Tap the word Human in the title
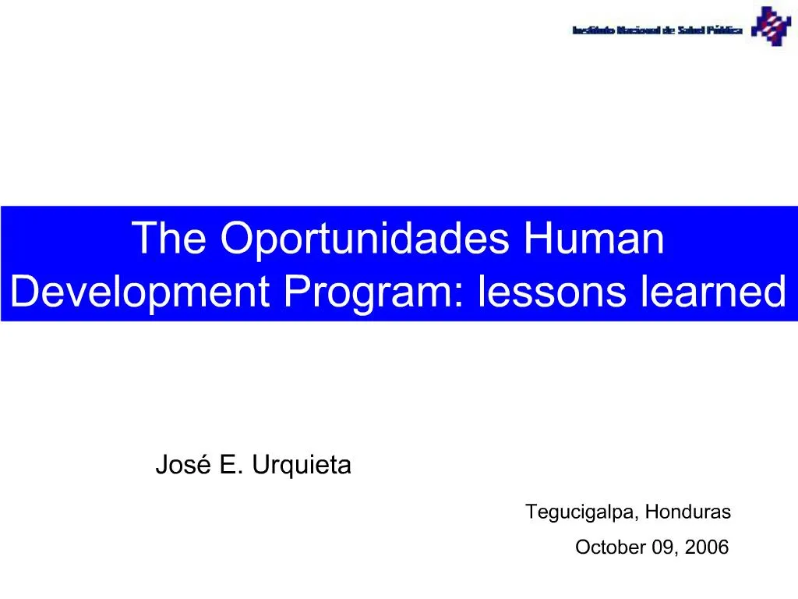(x=595, y=238)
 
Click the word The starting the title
(x=171, y=238)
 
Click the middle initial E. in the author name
(x=230, y=466)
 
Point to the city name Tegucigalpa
(x=581, y=512)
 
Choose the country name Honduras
(x=688, y=512)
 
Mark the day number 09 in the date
(x=665, y=548)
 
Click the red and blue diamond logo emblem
(x=771, y=27)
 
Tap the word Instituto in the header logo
(x=593, y=31)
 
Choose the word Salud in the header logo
(x=690, y=31)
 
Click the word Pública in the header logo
(x=725, y=31)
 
